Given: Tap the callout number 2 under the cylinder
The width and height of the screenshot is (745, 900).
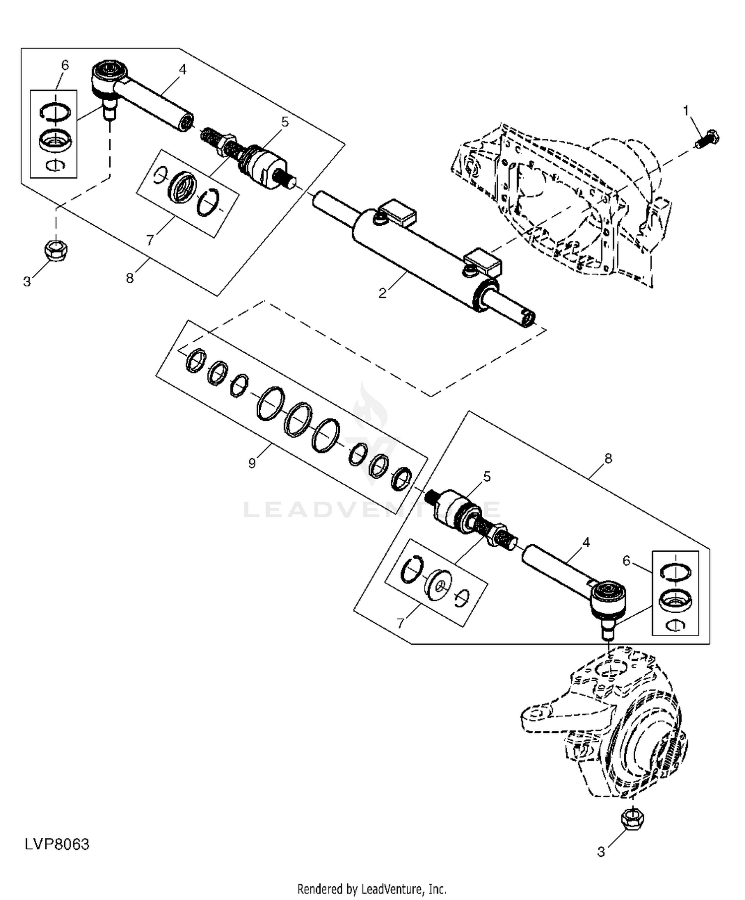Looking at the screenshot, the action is [382, 293].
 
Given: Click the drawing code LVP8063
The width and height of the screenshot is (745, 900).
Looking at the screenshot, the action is [57, 844].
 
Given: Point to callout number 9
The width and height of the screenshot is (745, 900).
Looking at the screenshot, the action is [252, 463].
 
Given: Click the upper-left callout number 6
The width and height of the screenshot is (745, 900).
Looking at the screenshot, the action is [65, 65].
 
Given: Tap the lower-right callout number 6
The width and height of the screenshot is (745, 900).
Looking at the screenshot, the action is [626, 561].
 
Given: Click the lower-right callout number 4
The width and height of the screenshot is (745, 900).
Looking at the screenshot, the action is [586, 543].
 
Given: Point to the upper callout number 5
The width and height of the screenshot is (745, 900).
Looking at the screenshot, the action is [285, 122].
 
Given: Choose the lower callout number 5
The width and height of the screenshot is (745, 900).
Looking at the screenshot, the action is [487, 477].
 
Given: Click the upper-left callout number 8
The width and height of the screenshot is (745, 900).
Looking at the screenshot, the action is [130, 278].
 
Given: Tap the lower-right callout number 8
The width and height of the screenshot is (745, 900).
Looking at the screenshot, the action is [608, 459].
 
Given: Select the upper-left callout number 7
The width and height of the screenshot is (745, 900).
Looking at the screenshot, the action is [150, 240].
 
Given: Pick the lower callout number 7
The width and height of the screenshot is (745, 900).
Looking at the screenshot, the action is [401, 623].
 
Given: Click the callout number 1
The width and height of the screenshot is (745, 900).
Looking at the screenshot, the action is [686, 111].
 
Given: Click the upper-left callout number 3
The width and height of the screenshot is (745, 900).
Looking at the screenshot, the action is [27, 282].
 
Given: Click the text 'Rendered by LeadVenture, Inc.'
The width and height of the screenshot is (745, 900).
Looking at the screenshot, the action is [372, 888].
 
